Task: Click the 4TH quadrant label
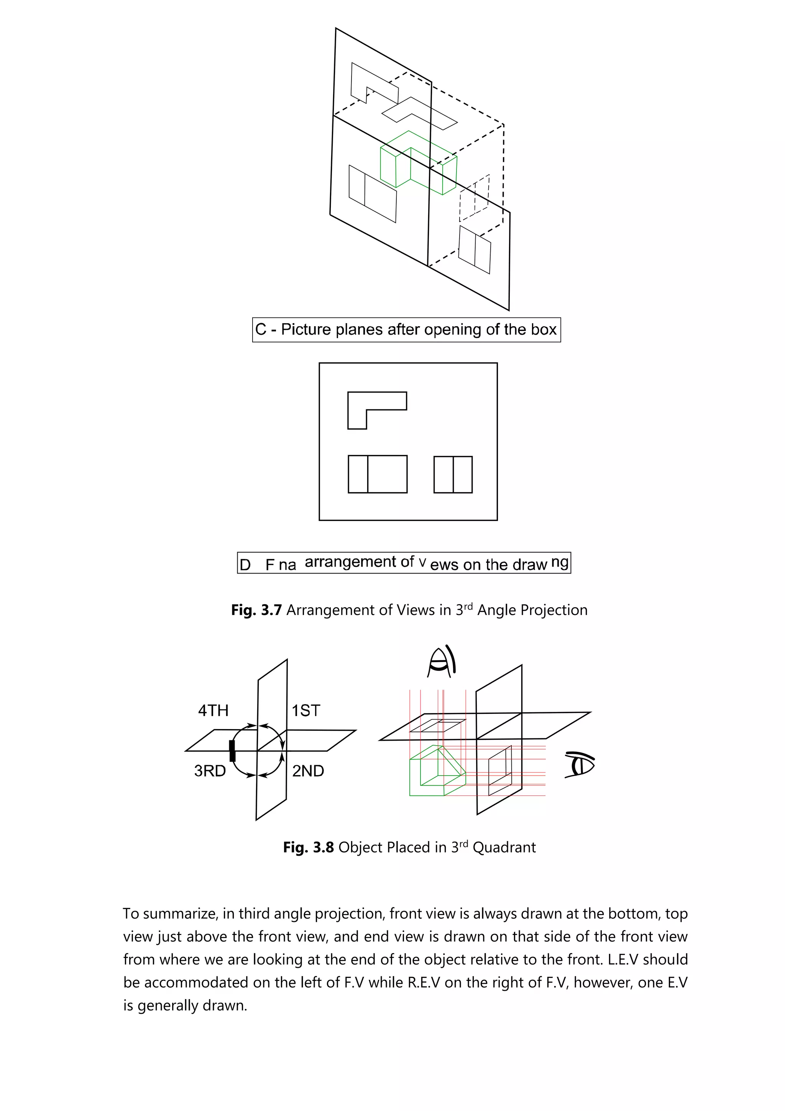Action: tap(213, 710)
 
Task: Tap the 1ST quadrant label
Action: tap(305, 710)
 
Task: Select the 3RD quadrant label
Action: tap(210, 771)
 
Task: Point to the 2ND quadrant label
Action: tap(308, 771)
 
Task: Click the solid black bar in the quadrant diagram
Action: tap(232, 751)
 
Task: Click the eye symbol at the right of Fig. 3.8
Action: tap(580, 764)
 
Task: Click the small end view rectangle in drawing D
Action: tap(453, 474)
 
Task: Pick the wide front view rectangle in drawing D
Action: tap(377, 474)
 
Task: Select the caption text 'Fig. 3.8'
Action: tap(308, 847)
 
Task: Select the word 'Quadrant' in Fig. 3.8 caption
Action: tap(504, 847)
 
